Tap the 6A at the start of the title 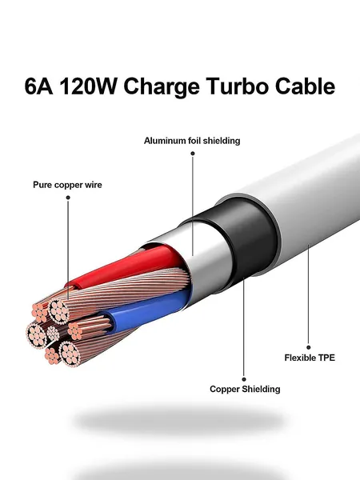38,86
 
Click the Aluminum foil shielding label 192,141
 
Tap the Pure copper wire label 67,185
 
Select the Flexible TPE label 310,358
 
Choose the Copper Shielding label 245,389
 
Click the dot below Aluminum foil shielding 193,154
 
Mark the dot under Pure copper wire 68,198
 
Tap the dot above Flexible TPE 309,347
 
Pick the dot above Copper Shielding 244,379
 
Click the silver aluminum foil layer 208,260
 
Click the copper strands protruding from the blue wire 89,327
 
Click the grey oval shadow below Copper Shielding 179,420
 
